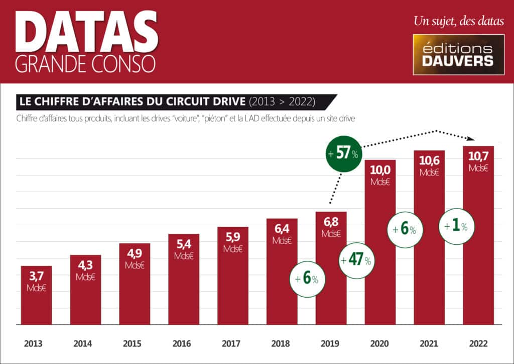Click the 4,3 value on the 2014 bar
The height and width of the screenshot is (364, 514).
point(85,266)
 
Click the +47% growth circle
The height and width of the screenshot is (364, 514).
point(356,260)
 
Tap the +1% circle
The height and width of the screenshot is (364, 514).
point(456,226)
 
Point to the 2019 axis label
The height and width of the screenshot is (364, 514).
point(330,344)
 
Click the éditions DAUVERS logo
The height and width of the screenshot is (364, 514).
point(458,54)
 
